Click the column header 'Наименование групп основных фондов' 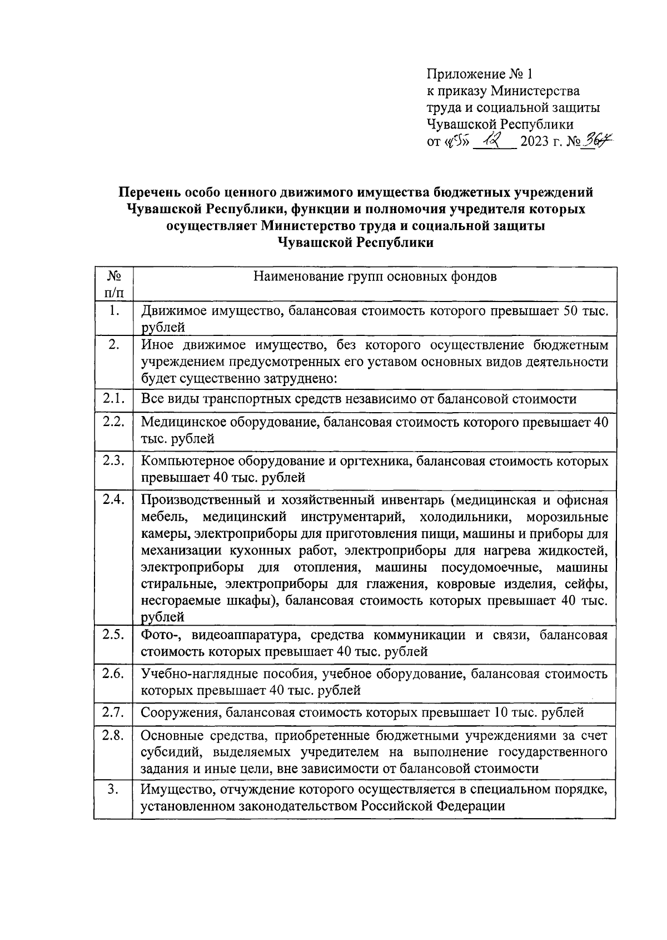coord(375,276)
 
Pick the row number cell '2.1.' coord(113,398)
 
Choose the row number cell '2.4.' coord(113,499)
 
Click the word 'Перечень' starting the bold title coord(148,192)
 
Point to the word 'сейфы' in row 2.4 coord(590,585)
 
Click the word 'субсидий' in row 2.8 coord(165,752)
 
